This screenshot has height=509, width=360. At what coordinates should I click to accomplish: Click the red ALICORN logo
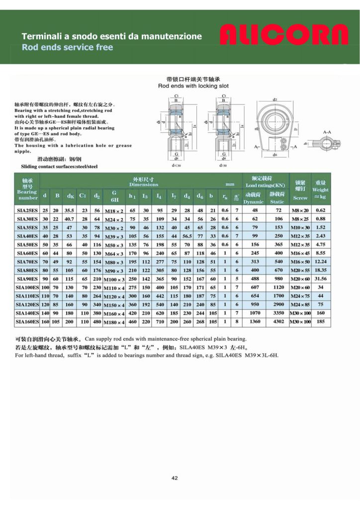tap(284, 36)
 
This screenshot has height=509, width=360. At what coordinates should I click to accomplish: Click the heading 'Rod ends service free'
tap(68, 47)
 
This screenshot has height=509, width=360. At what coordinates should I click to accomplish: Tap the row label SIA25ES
tap(27, 210)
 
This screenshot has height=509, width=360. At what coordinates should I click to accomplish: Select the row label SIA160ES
tap(27, 322)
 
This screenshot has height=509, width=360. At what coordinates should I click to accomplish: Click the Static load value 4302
tap(276, 322)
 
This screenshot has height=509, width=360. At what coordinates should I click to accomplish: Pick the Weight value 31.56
tap(320, 279)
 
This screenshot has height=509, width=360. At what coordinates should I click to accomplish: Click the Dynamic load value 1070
tap(255, 313)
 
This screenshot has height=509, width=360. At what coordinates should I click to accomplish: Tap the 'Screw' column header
tap(300, 198)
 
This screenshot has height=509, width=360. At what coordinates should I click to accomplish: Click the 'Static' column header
tap(276, 201)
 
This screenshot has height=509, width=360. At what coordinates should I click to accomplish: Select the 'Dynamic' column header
tap(254, 201)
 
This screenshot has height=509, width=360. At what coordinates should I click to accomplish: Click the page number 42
tap(175, 478)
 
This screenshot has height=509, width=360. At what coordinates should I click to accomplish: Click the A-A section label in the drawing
tap(327, 132)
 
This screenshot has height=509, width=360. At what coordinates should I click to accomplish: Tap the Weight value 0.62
tap(320, 210)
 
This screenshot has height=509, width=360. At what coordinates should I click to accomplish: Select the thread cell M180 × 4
tap(114, 322)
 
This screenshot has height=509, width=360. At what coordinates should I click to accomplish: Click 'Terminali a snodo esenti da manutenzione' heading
tap(111, 36)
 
